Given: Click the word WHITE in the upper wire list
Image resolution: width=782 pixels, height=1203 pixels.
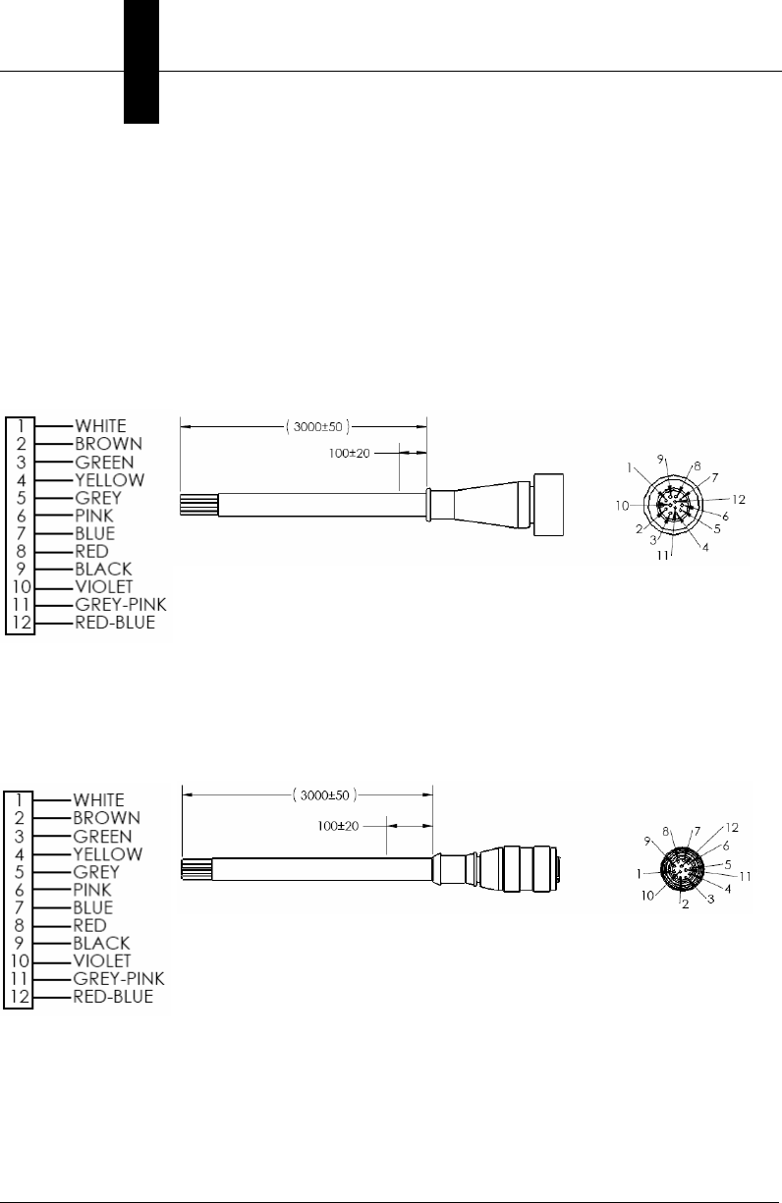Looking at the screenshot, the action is pyautogui.click(x=100, y=426).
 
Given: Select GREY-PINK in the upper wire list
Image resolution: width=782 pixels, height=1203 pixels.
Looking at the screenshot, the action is pyautogui.click(x=120, y=605).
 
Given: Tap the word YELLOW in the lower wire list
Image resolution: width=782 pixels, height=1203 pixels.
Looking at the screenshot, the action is pyautogui.click(x=108, y=854).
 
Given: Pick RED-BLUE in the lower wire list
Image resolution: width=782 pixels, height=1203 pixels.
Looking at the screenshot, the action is pyautogui.click(x=113, y=997).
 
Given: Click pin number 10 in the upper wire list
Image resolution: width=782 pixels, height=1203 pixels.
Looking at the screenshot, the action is pyautogui.click(x=21, y=587).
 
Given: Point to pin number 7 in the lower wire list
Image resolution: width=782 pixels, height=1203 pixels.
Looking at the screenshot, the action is pyautogui.click(x=20, y=907).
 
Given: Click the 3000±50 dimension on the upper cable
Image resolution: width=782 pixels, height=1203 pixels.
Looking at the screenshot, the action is pyautogui.click(x=317, y=427).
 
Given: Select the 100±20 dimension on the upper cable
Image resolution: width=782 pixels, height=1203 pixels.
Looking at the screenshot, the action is pyautogui.click(x=349, y=454).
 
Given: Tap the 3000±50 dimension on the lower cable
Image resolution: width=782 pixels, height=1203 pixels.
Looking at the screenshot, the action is pyautogui.click(x=324, y=794).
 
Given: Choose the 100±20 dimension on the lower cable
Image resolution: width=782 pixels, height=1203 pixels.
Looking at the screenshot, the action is pyautogui.click(x=338, y=826).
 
